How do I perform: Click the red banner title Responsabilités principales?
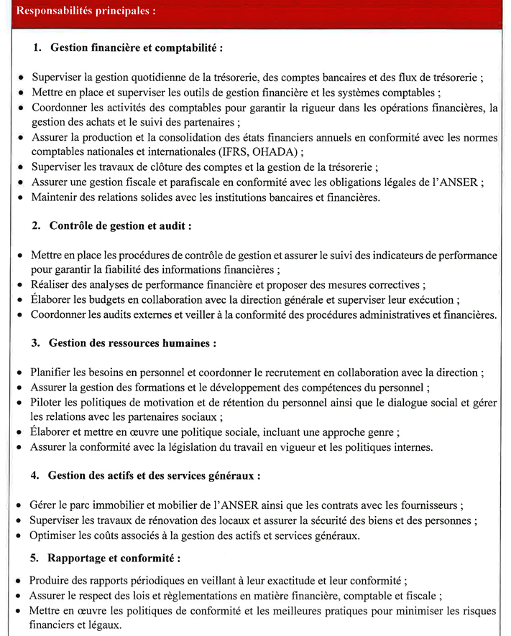pyautogui.click(x=85, y=12)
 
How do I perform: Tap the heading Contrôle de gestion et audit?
pyautogui.click(x=120, y=225)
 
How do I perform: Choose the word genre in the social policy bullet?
pyautogui.click(x=380, y=432)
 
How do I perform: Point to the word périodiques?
pyautogui.click(x=162, y=580)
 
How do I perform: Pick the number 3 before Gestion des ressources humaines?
pyautogui.click(x=34, y=343)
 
